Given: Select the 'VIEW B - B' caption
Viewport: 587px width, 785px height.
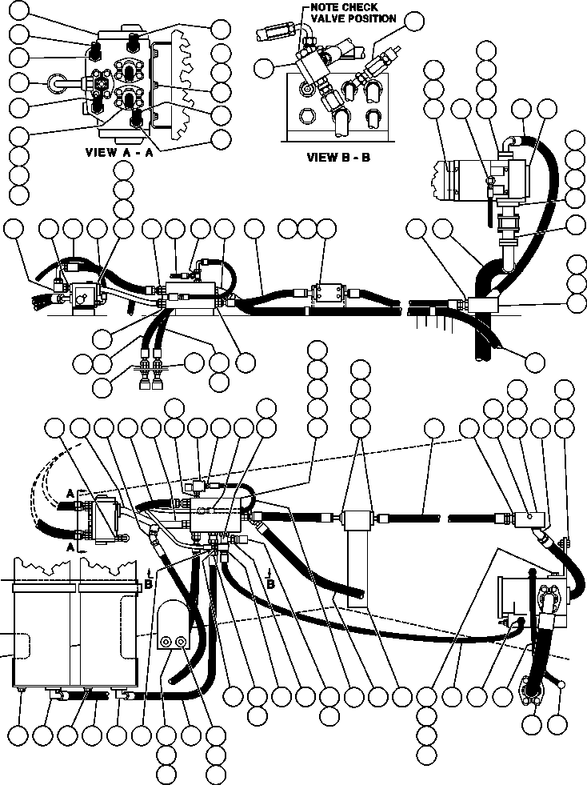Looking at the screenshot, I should [338, 157].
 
